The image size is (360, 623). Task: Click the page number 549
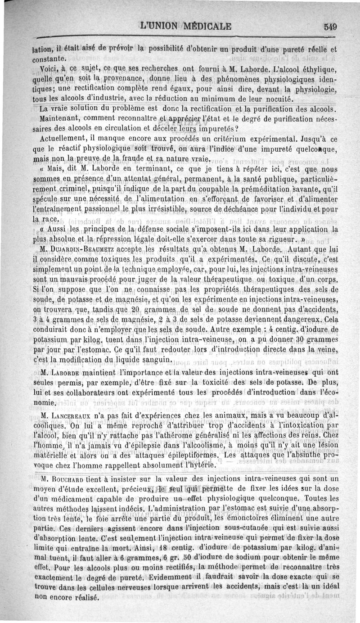point(330,26)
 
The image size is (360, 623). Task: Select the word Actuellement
point(65,139)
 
